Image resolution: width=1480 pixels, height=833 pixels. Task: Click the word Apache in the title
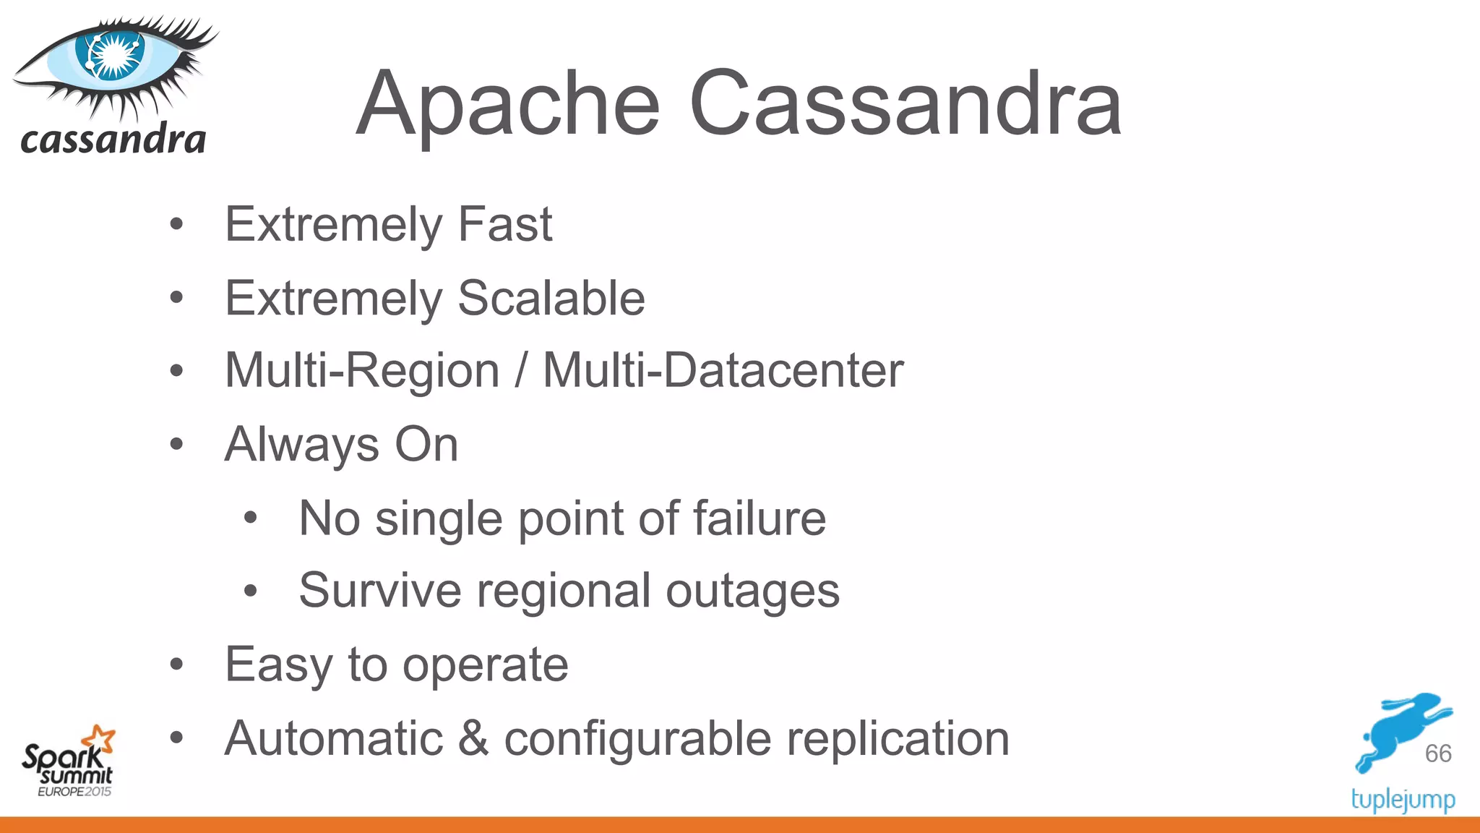508,105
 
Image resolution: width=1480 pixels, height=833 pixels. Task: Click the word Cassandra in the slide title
905,105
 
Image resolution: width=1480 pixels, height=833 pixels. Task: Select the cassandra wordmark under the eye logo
113,139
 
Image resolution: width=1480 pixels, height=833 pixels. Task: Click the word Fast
505,224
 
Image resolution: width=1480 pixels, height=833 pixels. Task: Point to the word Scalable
551,298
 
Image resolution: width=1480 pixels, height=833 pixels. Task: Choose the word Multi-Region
362,371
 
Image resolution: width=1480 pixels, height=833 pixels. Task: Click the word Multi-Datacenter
723,371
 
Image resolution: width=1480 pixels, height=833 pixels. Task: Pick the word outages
752,591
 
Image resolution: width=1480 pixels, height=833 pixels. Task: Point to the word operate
485,665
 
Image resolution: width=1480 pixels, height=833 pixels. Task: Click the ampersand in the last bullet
473,738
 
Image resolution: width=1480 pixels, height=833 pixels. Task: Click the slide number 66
1438,753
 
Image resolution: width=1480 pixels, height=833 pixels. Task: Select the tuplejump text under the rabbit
1403,800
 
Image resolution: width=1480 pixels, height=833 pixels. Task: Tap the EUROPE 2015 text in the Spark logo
74,792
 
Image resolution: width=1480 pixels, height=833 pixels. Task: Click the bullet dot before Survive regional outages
251,591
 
